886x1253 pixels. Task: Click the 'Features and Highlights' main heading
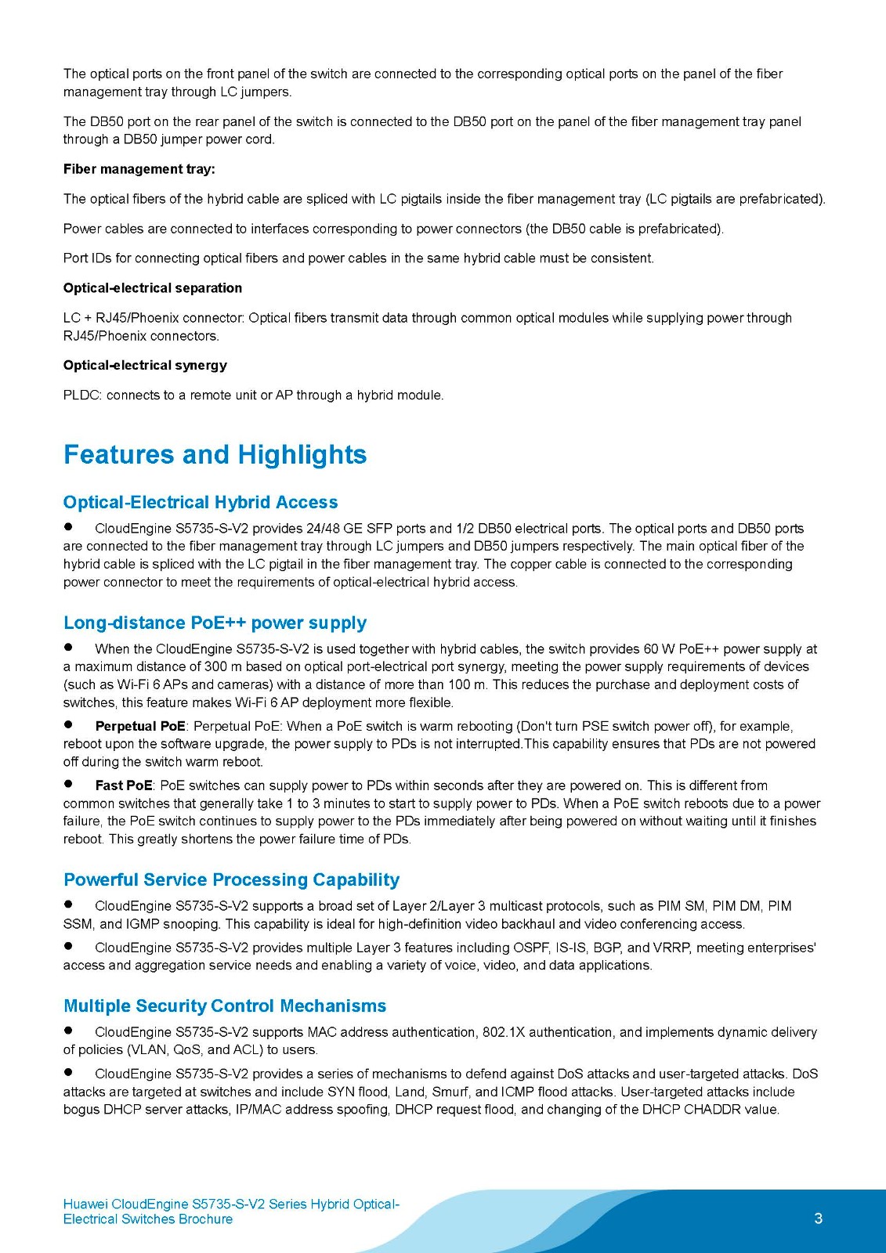click(215, 455)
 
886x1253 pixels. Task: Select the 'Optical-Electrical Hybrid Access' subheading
click(201, 502)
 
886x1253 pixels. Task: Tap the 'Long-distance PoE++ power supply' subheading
click(215, 623)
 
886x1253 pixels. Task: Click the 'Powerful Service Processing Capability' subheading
click(231, 879)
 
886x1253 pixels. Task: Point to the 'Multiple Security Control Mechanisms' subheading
click(225, 1006)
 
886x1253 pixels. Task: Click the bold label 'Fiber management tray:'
click(139, 169)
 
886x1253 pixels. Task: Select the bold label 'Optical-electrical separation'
click(153, 288)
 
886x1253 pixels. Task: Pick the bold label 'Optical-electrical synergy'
click(145, 365)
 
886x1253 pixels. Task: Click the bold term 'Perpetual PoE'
click(140, 726)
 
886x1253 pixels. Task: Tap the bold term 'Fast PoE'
click(124, 785)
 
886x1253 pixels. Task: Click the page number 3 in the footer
click(819, 1219)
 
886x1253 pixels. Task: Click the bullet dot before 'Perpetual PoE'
click(68, 725)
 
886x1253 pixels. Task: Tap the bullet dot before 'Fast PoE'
click(68, 784)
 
